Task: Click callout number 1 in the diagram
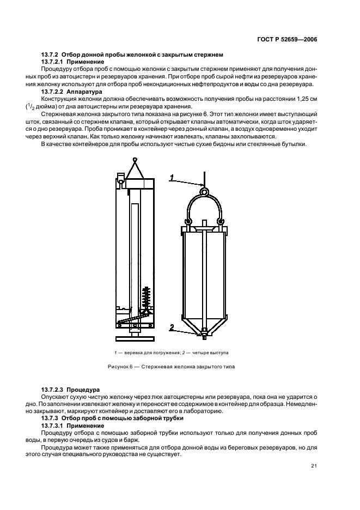tap(171, 177)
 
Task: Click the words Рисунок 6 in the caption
tap(120, 367)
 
